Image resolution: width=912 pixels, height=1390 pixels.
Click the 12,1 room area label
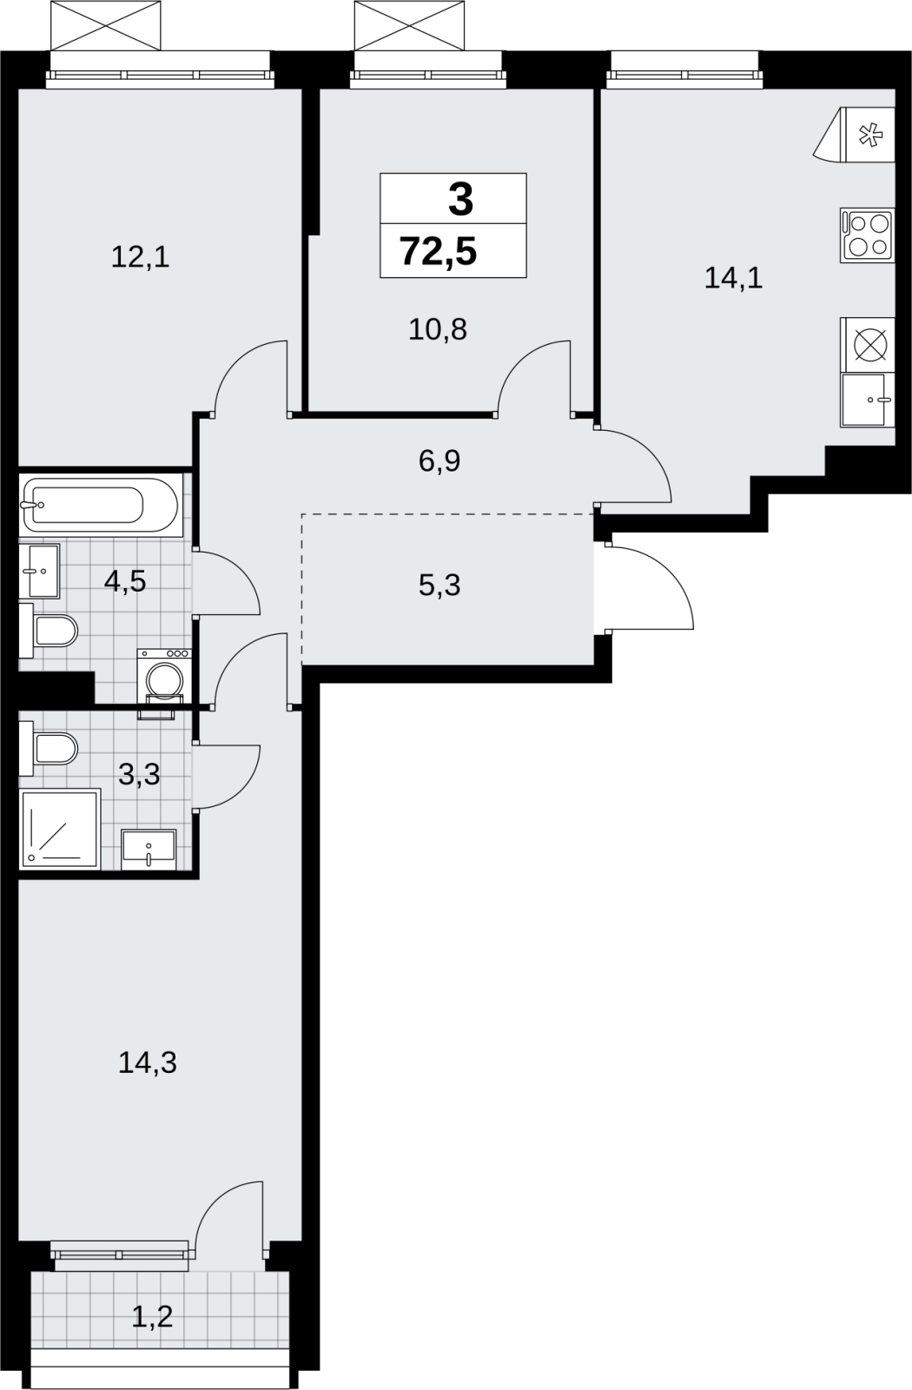pyautogui.click(x=140, y=257)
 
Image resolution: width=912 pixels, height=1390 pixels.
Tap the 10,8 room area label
pyautogui.click(x=438, y=329)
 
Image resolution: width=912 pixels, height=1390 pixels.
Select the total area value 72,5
pyautogui.click(x=439, y=251)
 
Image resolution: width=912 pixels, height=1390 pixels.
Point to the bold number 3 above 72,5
pyautogui.click(x=460, y=201)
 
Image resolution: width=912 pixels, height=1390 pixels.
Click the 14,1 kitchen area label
pyautogui.click(x=733, y=277)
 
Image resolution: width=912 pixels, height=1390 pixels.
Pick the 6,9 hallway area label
pyautogui.click(x=439, y=461)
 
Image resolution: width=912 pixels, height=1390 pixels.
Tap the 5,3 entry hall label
pyautogui.click(x=439, y=586)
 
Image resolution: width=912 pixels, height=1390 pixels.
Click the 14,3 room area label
pyautogui.click(x=148, y=1062)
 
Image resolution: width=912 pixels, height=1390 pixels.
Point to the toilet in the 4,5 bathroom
pyautogui.click(x=49, y=631)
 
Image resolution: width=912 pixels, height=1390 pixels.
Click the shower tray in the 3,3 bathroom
pyautogui.click(x=60, y=829)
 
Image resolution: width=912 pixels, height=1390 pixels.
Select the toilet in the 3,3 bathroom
pyautogui.click(x=49, y=748)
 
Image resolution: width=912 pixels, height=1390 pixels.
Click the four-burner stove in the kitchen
pyautogui.click(x=868, y=235)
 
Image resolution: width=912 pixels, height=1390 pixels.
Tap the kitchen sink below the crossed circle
pyautogui.click(x=868, y=400)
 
